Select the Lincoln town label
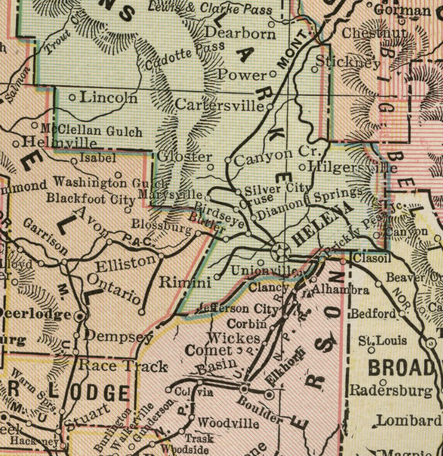tap(108, 98)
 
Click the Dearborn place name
tap(240, 33)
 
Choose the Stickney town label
tap(348, 62)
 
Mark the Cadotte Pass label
tap(185, 57)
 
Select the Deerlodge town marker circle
tap(80, 317)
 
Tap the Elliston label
tap(125, 264)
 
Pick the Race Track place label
tap(123, 366)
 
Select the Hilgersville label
tap(353, 167)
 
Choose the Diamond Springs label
tap(310, 203)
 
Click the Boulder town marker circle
tap(244, 389)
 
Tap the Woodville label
tap(228, 423)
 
